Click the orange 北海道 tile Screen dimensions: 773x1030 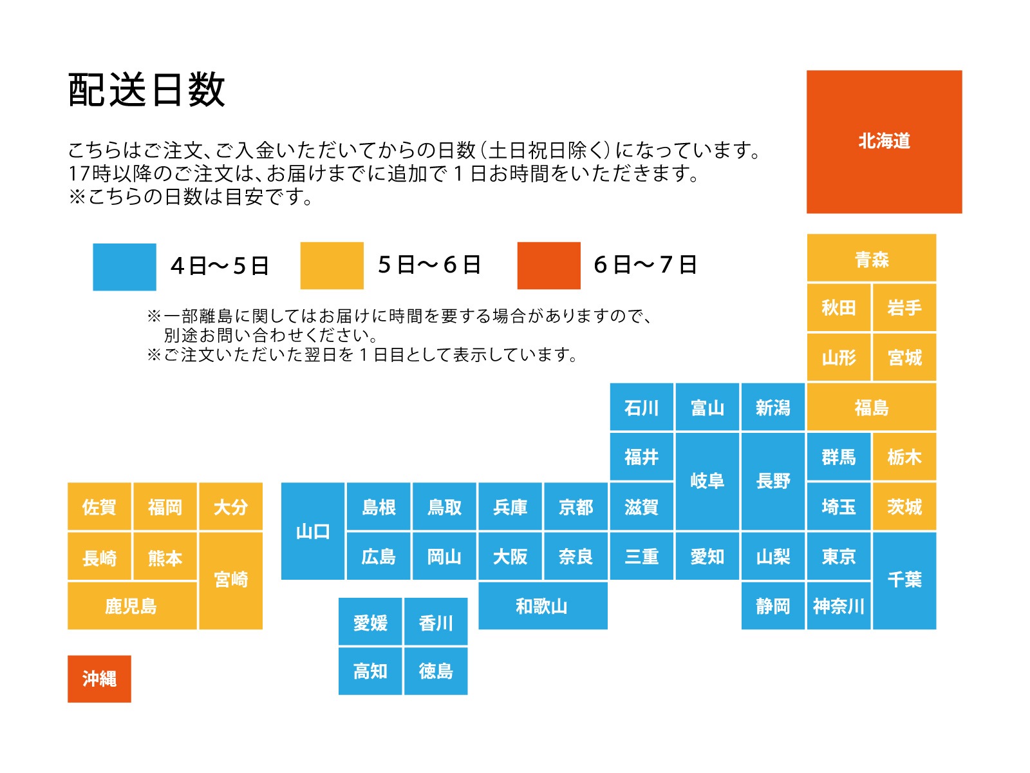pos(884,142)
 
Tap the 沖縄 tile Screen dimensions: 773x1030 pos(99,678)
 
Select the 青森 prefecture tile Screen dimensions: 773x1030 pos(871,258)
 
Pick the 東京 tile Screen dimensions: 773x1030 pos(838,556)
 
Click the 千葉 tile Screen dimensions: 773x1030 pos(904,580)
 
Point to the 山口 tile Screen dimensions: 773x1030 pos(313,531)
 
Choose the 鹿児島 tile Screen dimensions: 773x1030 pos(132,606)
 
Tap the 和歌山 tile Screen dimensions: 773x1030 pos(542,606)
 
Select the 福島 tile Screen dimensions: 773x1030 pos(871,407)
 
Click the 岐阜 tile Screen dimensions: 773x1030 pos(707,481)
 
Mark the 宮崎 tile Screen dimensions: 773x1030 pos(230,580)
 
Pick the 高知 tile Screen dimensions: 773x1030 pos(370,671)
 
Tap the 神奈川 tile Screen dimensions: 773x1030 pos(838,606)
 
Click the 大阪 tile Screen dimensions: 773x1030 pos(510,556)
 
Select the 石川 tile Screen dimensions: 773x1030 pos(641,407)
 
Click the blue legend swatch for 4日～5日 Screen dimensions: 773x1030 pos(124,267)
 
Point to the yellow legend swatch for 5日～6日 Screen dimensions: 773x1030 pos(332,265)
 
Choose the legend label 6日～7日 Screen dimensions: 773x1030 pos(645,265)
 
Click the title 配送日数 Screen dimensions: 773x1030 pos(147,90)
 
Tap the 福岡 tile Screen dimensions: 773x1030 pos(165,507)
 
